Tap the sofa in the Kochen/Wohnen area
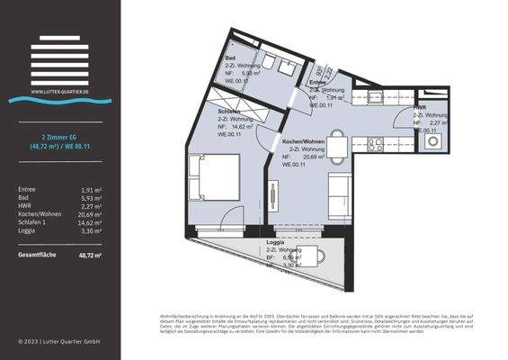[x=341, y=196]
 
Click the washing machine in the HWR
[x=432, y=140]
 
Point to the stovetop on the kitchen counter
[x=375, y=143]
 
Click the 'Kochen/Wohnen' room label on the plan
[x=303, y=142]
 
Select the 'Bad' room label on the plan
[x=230, y=58]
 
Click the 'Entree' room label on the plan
[x=318, y=82]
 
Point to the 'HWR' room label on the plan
[x=419, y=107]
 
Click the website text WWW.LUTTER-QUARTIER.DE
[x=58, y=91]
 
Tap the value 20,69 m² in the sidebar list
[x=89, y=216]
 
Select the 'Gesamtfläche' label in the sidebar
[x=37, y=255]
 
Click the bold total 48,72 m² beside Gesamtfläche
[x=88, y=255]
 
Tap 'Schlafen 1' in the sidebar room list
[x=34, y=225]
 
